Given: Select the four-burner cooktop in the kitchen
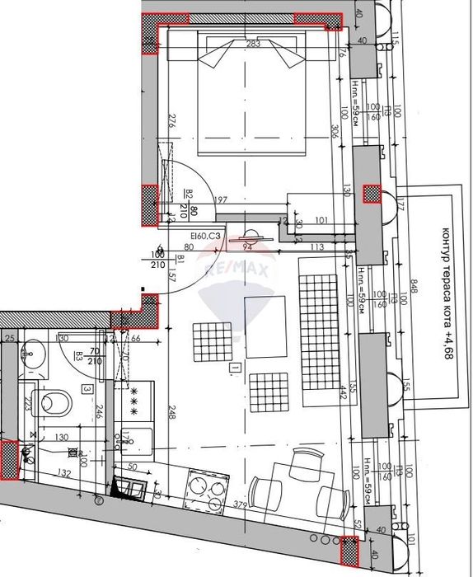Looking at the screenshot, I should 207,492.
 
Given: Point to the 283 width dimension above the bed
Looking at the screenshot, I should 253,44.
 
